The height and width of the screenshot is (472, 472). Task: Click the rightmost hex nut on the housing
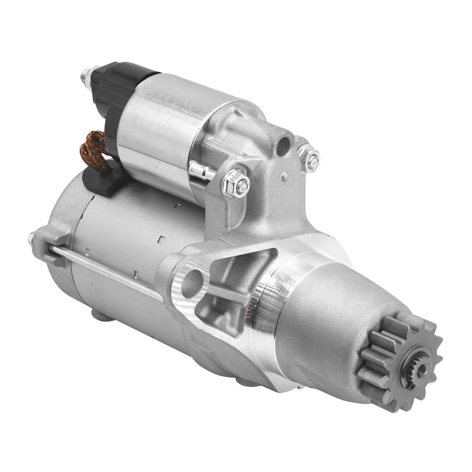309,157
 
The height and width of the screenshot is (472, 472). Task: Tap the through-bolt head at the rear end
33,238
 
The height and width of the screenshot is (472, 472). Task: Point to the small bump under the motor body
103,316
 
